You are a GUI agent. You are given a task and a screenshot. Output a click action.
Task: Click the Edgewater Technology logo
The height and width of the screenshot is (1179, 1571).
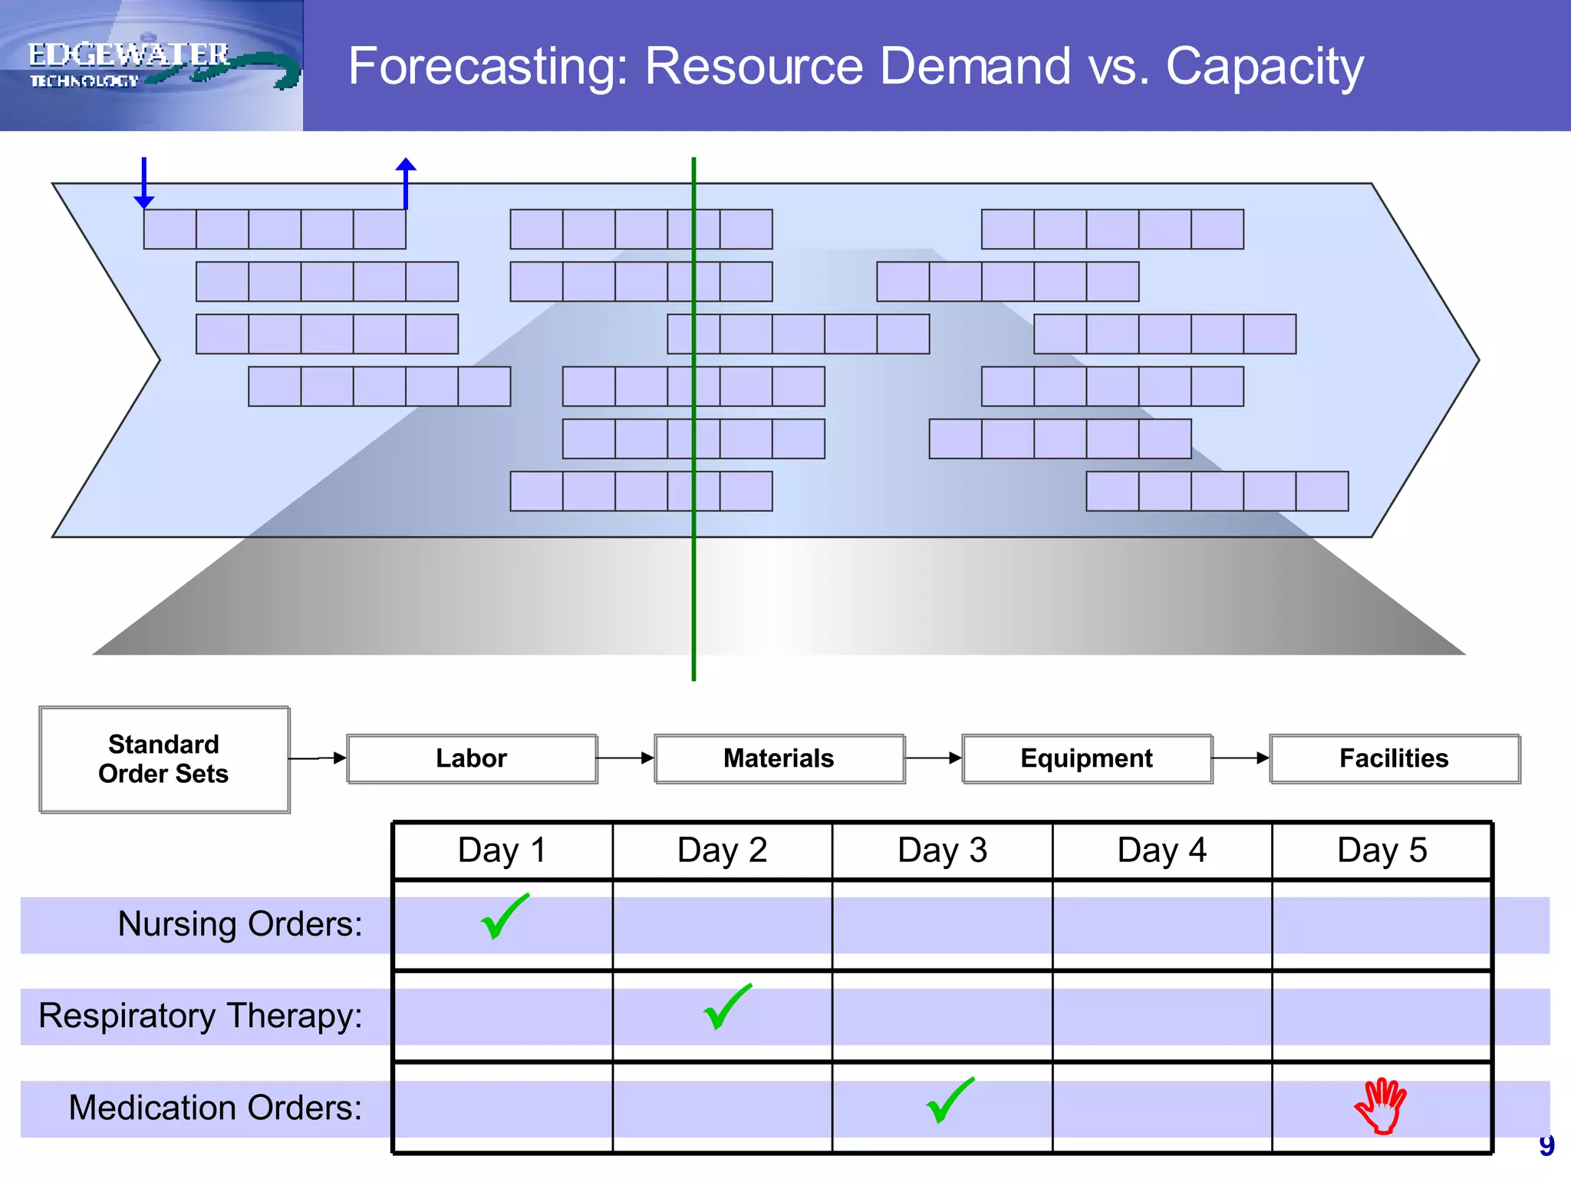151,65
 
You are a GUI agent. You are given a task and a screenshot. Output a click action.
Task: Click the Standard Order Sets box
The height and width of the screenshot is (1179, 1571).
164,759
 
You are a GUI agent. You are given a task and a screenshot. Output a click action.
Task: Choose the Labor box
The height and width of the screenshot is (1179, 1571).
472,758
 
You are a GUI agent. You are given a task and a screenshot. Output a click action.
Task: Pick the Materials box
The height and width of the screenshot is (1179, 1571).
779,758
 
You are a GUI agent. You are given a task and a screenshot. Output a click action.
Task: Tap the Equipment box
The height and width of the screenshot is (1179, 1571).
1086,758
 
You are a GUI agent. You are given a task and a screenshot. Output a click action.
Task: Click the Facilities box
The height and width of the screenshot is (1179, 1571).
1394,758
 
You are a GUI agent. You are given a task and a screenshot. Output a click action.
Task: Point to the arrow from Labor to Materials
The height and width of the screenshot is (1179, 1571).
625,758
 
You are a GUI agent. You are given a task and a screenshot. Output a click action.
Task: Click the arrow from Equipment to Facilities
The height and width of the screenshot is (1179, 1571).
1240,758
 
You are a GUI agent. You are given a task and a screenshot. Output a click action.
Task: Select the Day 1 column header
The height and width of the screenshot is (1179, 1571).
502,850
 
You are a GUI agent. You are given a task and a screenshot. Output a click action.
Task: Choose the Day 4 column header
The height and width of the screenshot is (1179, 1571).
1161,850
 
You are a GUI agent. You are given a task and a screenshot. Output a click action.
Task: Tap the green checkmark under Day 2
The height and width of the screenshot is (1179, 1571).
726,1007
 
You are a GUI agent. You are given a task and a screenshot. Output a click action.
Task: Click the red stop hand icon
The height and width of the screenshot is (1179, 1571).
1381,1105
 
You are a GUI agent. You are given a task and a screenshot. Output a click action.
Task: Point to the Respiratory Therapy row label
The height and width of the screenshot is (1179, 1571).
200,1016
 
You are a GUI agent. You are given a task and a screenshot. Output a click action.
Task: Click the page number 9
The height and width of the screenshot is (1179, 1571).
1546,1145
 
